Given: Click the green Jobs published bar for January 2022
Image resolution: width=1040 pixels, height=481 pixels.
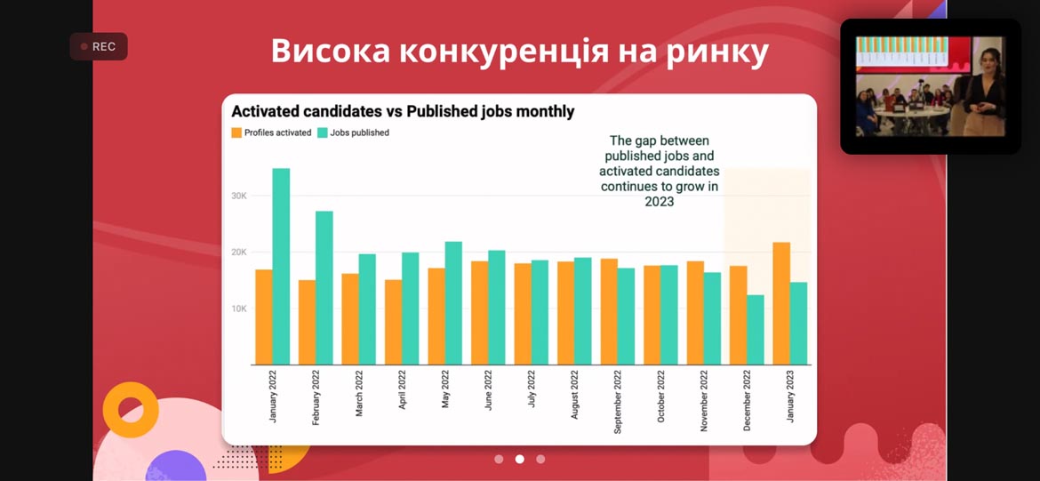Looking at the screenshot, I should (x=281, y=267).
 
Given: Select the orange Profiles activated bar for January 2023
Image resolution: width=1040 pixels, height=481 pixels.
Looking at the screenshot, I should (x=781, y=303).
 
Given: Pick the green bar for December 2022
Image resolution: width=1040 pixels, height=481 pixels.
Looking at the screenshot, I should (x=756, y=330).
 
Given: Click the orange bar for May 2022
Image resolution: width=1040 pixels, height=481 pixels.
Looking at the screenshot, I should (x=436, y=316).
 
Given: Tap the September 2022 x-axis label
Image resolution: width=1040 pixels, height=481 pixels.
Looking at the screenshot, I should (x=618, y=403).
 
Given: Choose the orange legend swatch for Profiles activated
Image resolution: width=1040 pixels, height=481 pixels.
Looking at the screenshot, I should (x=236, y=132).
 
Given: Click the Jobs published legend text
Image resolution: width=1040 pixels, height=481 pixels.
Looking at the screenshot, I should (x=359, y=132).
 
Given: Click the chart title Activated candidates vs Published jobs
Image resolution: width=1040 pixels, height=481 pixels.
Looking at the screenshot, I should (x=403, y=112).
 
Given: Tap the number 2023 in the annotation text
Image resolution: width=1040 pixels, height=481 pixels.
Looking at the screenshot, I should (x=660, y=202).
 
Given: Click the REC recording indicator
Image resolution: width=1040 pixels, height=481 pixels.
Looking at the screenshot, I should (x=99, y=46).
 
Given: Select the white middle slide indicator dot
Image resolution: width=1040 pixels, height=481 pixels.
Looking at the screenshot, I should (x=520, y=459).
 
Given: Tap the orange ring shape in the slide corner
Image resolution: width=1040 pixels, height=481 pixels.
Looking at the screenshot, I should (x=131, y=410).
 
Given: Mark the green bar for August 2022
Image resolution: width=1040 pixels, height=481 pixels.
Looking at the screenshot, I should (x=582, y=311).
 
